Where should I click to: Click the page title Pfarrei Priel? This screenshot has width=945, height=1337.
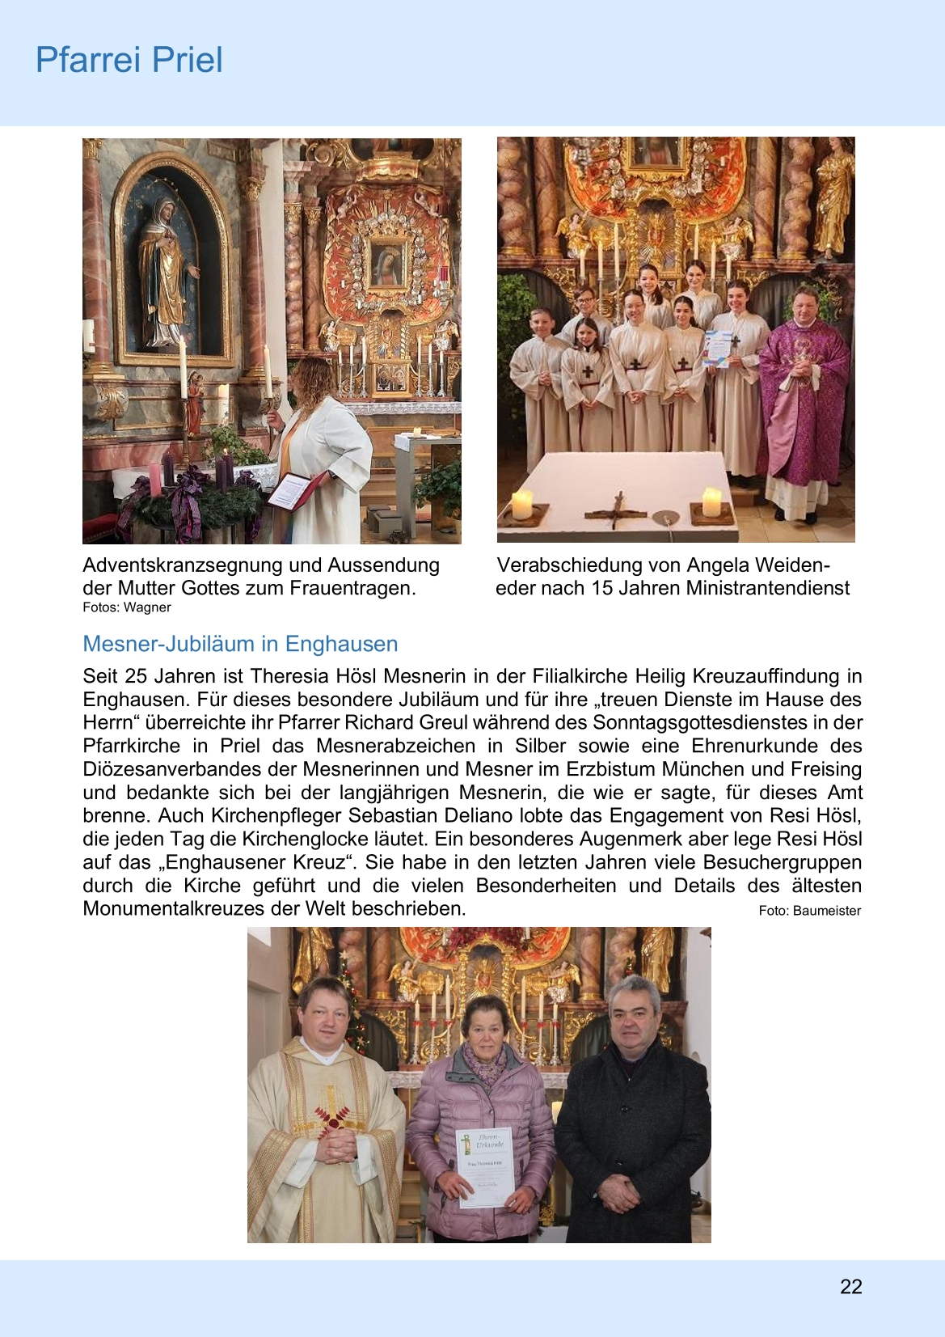pos(129,61)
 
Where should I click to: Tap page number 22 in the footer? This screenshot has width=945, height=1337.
pos(850,1287)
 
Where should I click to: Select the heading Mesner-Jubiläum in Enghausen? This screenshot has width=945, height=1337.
pos(240,644)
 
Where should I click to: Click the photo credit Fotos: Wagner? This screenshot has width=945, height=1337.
pos(127,607)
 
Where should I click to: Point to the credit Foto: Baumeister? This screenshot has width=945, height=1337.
pos(809,911)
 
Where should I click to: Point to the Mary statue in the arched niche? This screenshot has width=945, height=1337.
pos(167,271)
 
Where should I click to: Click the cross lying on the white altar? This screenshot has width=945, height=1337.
pos(617,510)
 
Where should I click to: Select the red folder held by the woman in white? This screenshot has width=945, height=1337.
pos(291,490)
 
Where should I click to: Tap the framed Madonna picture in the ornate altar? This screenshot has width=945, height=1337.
pos(388,264)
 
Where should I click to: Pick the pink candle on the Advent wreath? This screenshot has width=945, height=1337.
pos(154,480)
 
